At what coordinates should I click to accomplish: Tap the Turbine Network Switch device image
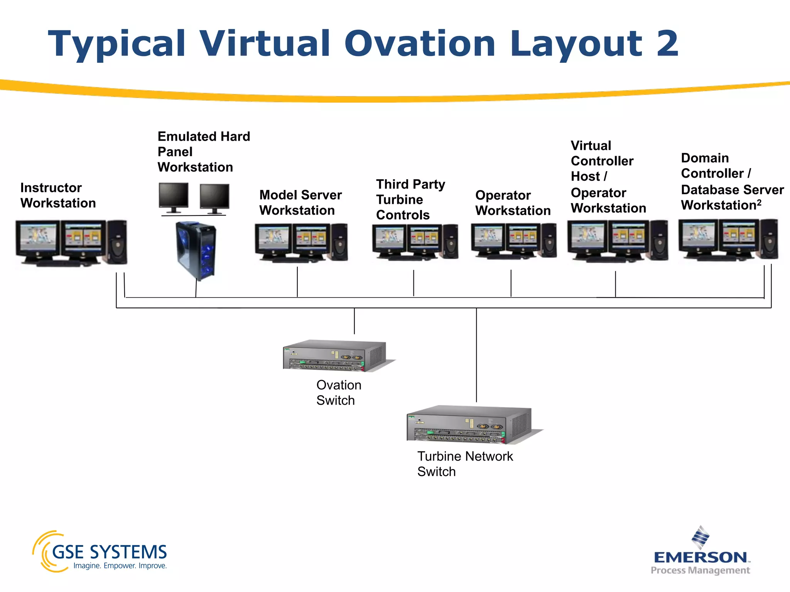coord(469,424)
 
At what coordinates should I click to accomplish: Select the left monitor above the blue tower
coord(174,197)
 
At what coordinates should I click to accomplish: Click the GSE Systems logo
coord(100,552)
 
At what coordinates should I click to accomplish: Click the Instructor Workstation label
coord(58,195)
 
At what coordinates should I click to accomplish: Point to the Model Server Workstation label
coord(300,203)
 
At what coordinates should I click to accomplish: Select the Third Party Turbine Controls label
coord(410,200)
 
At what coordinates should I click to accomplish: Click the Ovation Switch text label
coord(338,393)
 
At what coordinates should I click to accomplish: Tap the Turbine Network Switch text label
coord(465,464)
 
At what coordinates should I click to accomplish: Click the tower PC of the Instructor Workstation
coord(117,242)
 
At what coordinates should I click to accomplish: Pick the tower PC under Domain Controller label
coord(769,239)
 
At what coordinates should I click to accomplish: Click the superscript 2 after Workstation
coord(759,202)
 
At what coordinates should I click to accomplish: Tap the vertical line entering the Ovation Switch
coord(354,321)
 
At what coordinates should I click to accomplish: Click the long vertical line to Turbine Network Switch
coord(476,355)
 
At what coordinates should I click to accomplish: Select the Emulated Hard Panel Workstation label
coord(203,152)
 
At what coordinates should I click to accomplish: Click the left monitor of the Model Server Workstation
coord(273,239)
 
